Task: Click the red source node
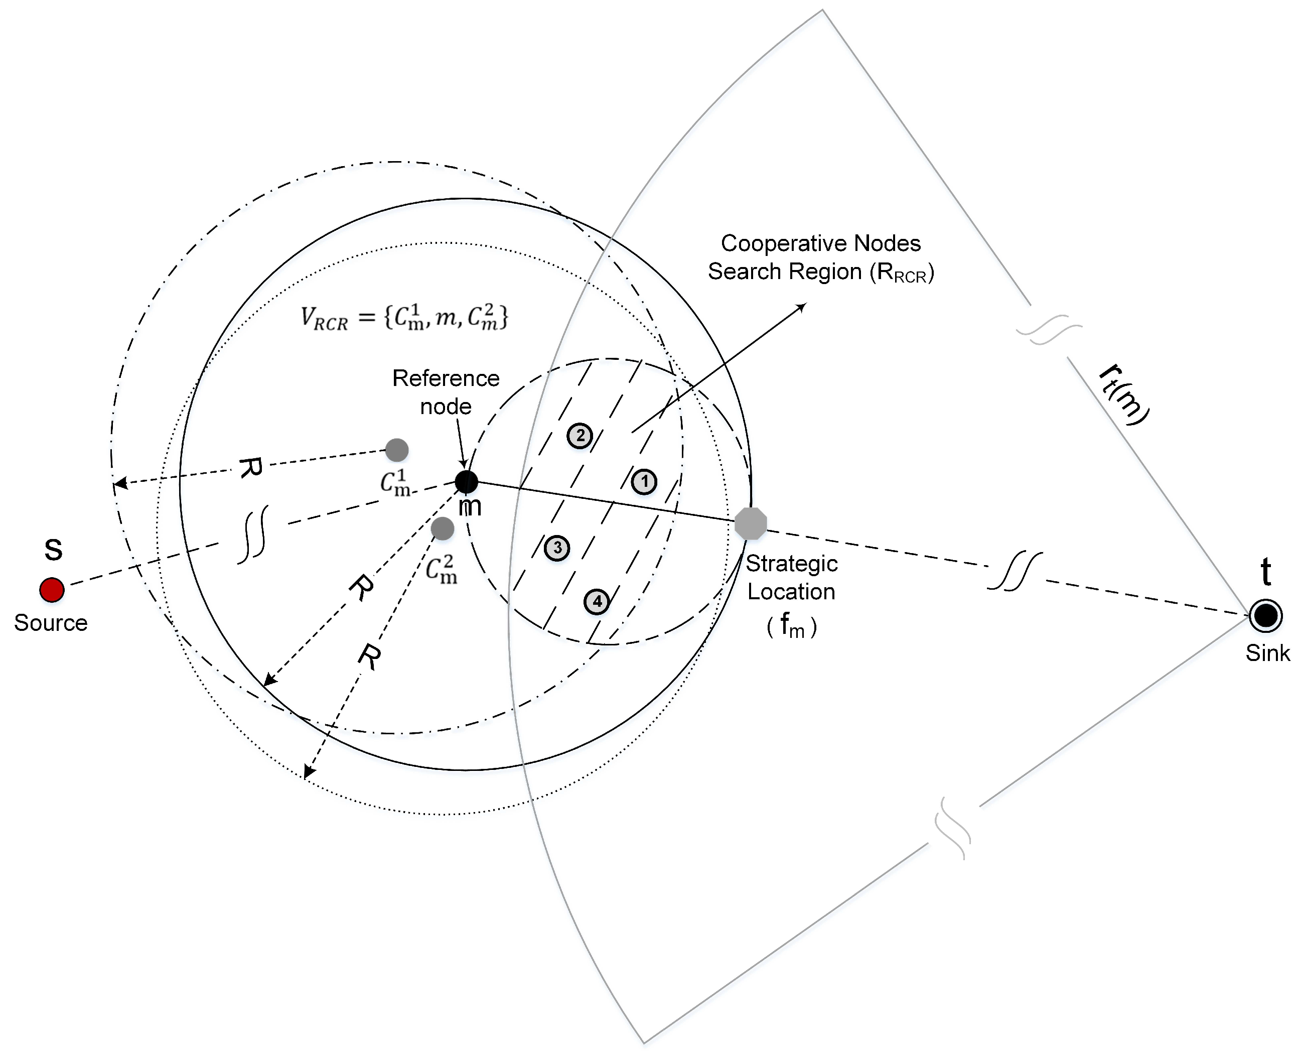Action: [52, 590]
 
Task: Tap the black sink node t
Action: [1265, 615]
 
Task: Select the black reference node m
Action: [467, 482]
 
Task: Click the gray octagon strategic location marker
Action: [751, 523]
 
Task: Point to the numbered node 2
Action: [580, 436]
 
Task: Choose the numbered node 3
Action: [557, 548]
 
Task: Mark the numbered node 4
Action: [597, 602]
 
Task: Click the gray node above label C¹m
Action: [397, 450]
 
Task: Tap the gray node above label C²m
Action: [442, 528]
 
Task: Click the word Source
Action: [51, 623]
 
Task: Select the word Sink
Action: [1267, 653]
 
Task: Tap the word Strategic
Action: [791, 564]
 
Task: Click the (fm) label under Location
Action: [791, 626]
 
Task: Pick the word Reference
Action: [446, 378]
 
